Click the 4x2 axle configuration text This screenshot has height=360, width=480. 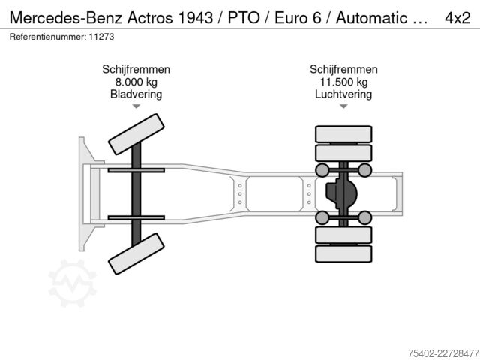click(457, 18)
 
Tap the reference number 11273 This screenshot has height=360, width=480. click(101, 37)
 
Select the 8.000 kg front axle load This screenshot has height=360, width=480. click(136, 82)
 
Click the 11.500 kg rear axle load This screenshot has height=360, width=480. click(343, 82)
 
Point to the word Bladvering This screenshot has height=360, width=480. click(136, 94)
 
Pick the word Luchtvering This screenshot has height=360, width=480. click(343, 94)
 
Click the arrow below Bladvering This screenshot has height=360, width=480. click(136, 106)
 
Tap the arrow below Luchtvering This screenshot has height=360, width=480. click(343, 106)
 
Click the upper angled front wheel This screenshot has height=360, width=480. click(136, 134)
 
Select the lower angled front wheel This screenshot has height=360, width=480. click(136, 253)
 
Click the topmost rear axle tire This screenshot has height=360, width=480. click(343, 134)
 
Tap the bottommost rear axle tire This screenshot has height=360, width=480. click(343, 253)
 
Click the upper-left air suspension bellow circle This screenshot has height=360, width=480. click(322, 170)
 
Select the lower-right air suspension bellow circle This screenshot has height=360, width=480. click(365, 217)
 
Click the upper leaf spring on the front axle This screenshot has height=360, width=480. click(136, 170)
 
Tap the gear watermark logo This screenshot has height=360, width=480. click(73, 283)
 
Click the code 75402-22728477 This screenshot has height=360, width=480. click(443, 353)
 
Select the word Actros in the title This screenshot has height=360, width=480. click(150, 18)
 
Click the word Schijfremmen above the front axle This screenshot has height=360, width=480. click(136, 70)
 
